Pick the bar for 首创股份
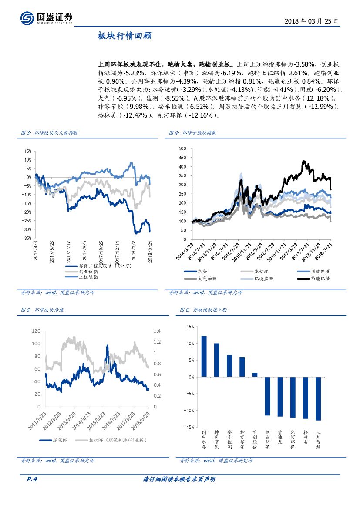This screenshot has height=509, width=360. click(255, 375)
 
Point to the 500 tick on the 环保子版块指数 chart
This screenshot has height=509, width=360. click(182, 148)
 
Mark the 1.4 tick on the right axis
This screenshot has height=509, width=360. click(157, 331)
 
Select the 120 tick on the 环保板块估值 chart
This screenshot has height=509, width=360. click(36, 331)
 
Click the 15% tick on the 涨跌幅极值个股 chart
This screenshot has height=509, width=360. click(190, 327)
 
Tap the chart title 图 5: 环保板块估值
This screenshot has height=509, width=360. click(42, 310)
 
